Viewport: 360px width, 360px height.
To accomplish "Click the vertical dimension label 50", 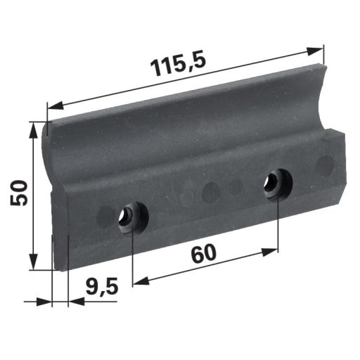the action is (x=19, y=193).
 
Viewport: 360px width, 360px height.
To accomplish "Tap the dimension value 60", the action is (x=203, y=253).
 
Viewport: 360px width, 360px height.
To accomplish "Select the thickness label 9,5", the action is (x=101, y=287).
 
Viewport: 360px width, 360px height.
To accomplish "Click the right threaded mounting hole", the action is (x=278, y=184).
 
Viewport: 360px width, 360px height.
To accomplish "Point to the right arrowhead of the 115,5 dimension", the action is (x=315, y=51).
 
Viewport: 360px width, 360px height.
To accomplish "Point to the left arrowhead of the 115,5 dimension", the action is (x=56, y=105).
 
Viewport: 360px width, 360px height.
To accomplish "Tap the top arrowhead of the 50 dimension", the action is (x=34, y=130).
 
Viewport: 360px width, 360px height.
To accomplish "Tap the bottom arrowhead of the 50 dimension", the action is (x=34, y=262).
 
